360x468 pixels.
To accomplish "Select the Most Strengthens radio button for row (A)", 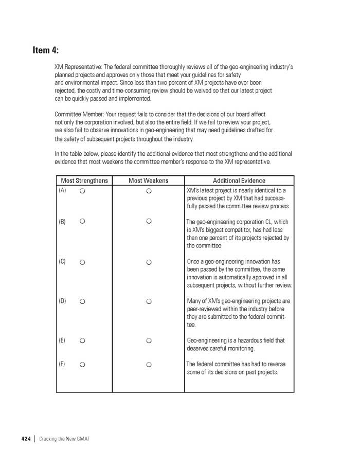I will [x=82, y=191].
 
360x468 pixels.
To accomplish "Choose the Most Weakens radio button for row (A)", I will [x=149, y=191].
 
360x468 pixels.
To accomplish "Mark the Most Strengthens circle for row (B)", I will [x=82, y=222].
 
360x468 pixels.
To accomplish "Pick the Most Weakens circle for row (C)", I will [x=149, y=262].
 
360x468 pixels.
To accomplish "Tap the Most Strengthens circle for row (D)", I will [x=82, y=301].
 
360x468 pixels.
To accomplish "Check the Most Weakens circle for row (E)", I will [x=149, y=340].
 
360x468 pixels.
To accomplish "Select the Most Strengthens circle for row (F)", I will [x=82, y=365].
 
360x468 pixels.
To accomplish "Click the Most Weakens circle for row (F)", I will [x=149, y=365].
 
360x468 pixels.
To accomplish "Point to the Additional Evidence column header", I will [x=239, y=181].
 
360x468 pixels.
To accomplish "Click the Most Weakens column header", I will [x=148, y=181].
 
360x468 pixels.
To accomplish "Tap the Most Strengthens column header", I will [x=84, y=181].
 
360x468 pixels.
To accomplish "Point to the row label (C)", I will [x=62, y=262].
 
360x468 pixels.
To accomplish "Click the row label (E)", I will [x=62, y=340].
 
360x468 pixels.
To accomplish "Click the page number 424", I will [x=26, y=439].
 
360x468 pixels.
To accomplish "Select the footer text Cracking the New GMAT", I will [x=64, y=439].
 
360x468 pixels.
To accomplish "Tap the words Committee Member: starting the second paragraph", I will [x=79, y=114].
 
